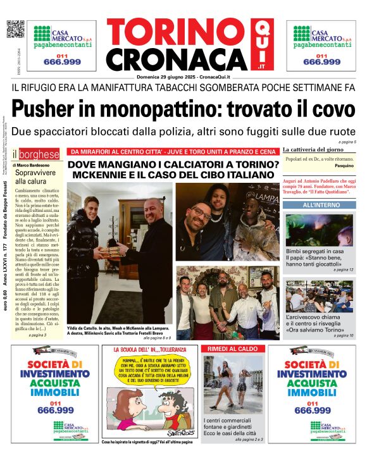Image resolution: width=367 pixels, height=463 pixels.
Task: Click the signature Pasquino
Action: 344,165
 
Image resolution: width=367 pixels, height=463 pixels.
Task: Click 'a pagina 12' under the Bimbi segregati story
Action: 342,270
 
